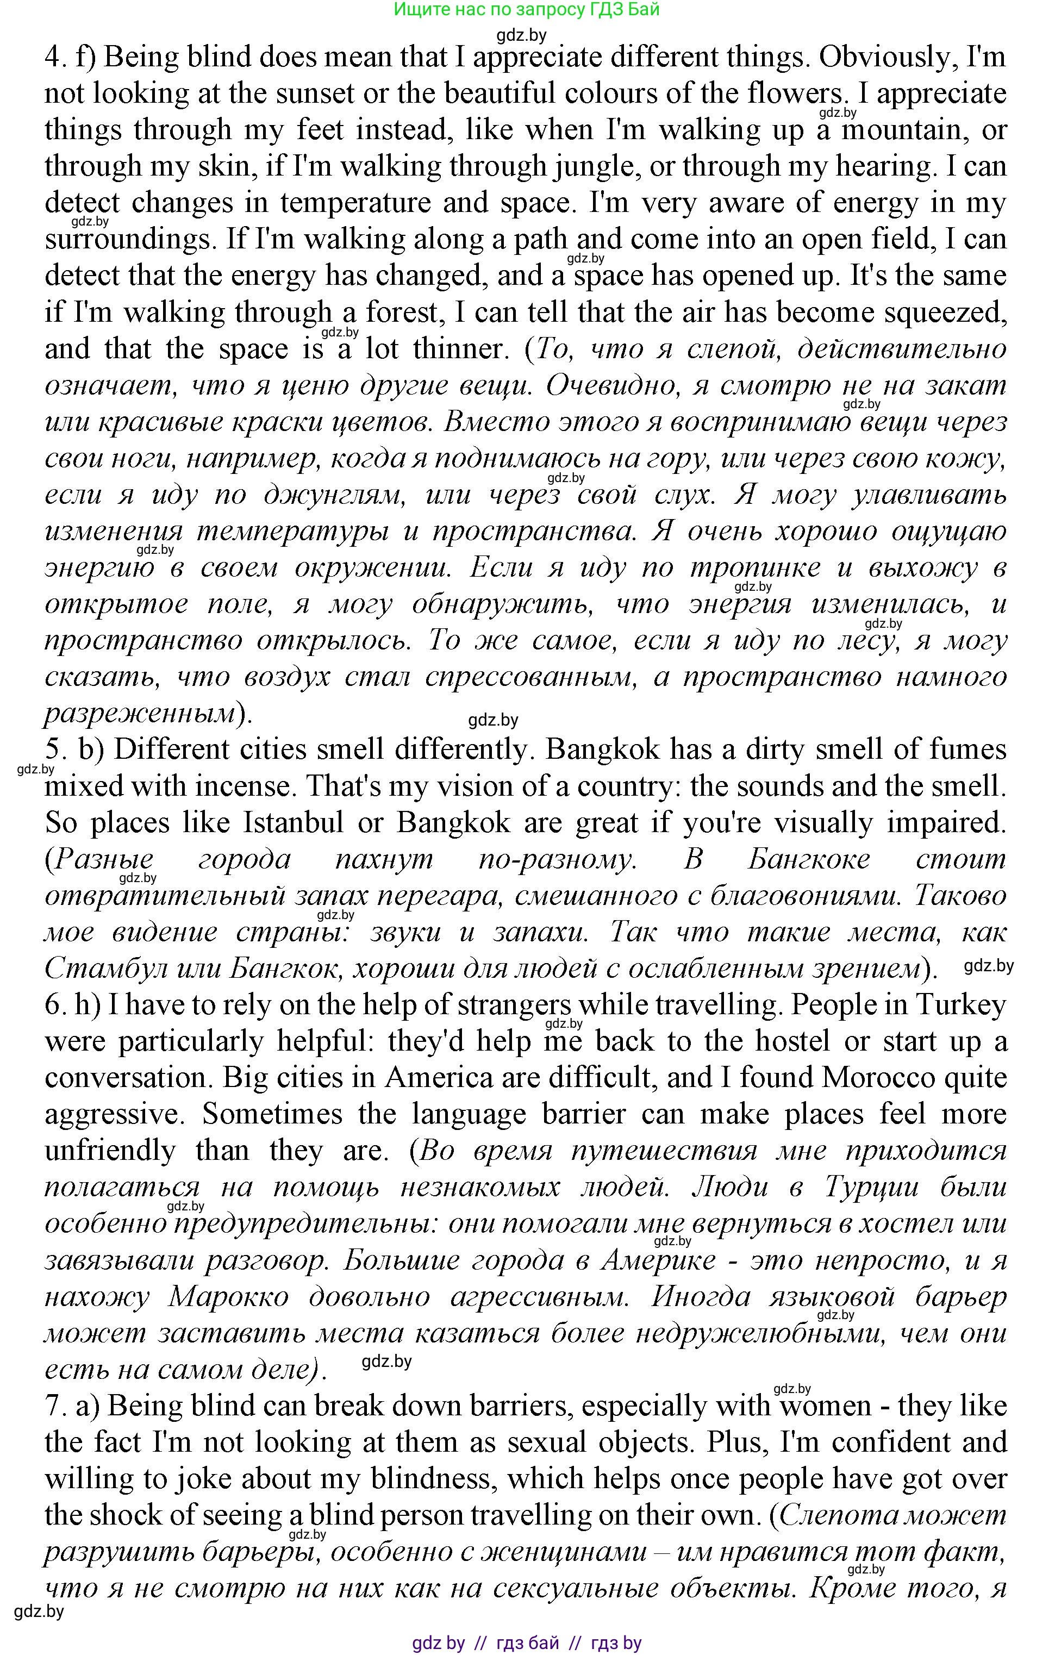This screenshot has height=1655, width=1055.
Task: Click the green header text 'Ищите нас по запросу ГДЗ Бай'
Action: click(x=527, y=10)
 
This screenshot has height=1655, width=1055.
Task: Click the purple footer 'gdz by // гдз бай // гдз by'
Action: click(x=527, y=1644)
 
